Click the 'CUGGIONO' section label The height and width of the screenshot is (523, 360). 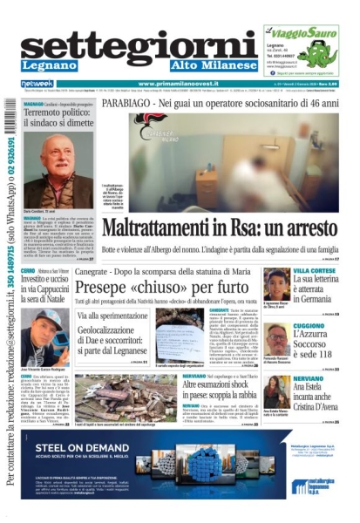tap(310, 324)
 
